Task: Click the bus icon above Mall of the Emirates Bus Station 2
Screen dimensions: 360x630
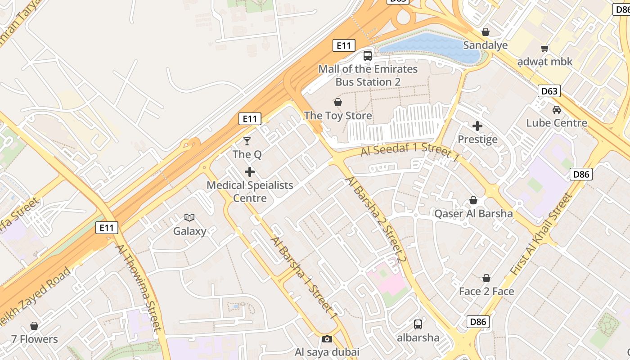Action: pyautogui.click(x=368, y=56)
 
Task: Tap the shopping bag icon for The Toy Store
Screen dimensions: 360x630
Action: pyautogui.click(x=337, y=103)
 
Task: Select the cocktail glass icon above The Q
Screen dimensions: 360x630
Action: pyautogui.click(x=247, y=141)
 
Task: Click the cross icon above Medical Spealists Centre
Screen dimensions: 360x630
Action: pyautogui.click(x=250, y=172)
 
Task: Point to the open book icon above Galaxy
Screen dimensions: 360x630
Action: pyautogui.click(x=189, y=218)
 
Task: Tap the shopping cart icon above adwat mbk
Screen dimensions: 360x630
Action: pyautogui.click(x=544, y=48)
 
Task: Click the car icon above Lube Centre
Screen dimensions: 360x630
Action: pyautogui.click(x=557, y=109)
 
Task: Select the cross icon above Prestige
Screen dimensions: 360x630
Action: pyautogui.click(x=477, y=126)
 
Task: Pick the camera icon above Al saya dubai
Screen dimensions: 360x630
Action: pyautogui.click(x=327, y=339)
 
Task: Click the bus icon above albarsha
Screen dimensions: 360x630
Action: pyautogui.click(x=418, y=324)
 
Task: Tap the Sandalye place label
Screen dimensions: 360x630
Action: pyautogui.click(x=485, y=45)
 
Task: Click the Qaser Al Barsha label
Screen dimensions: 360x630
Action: pyautogui.click(x=473, y=213)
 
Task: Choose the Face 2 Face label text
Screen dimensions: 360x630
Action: pyautogui.click(x=486, y=291)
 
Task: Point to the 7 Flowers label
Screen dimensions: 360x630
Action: pyautogui.click(x=35, y=339)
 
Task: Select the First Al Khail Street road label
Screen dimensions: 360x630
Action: pyautogui.click(x=542, y=235)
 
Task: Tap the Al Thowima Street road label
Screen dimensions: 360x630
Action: pyautogui.click(x=138, y=288)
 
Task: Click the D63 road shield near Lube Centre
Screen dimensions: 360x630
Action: pyautogui.click(x=549, y=91)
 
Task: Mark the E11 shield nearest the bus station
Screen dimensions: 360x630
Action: pyautogui.click(x=344, y=45)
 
